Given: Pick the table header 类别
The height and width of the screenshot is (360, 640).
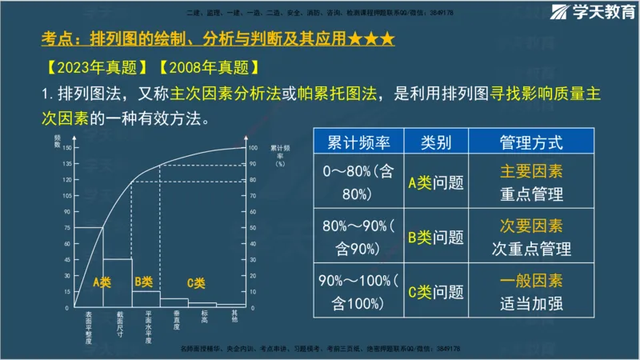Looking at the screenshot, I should [436, 143].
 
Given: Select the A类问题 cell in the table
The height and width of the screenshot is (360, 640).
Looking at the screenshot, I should [436, 182].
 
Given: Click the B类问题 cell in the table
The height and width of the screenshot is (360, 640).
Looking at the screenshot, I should [436, 237].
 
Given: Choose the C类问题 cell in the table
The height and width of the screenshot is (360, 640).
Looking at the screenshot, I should [436, 291].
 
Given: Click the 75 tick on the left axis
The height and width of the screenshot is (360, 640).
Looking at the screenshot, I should [67, 227].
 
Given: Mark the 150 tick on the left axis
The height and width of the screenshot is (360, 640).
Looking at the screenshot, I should [66, 148].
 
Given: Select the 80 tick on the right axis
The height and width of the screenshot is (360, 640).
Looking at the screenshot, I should [254, 180].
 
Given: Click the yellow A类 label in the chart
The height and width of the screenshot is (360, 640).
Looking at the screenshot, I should [102, 282].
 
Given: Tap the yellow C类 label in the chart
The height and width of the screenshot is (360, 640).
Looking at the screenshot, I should [196, 282].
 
